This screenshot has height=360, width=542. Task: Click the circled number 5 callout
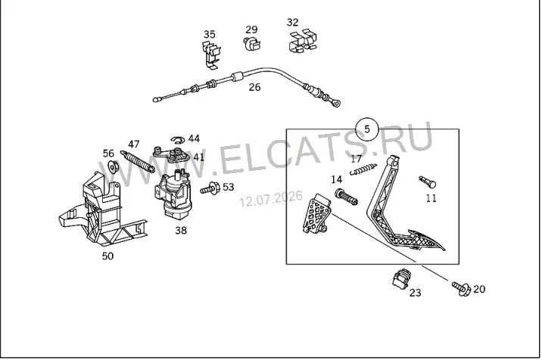(x=367, y=129)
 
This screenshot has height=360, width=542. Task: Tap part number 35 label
(x=209, y=35)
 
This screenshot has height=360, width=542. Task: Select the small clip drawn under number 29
(x=251, y=44)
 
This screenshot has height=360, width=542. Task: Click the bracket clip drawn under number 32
(x=303, y=41)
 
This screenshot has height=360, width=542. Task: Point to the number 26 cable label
(x=254, y=87)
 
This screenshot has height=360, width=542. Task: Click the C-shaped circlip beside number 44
(x=178, y=140)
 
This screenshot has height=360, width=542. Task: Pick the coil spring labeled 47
(x=138, y=161)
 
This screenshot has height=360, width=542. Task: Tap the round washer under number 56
(x=113, y=167)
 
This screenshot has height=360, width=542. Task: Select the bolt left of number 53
(x=210, y=188)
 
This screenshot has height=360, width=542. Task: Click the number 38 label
(x=181, y=231)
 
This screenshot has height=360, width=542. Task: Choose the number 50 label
(x=107, y=256)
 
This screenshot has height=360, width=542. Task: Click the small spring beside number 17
(x=363, y=169)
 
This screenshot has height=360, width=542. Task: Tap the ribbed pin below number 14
(x=346, y=197)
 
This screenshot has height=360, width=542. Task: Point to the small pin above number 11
(x=427, y=182)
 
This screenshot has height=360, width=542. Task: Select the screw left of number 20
(x=461, y=288)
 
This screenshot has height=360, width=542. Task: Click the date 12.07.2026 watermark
(x=271, y=198)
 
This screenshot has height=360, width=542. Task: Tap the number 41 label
(x=199, y=157)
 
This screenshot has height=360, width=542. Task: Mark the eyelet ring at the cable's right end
(x=335, y=103)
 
